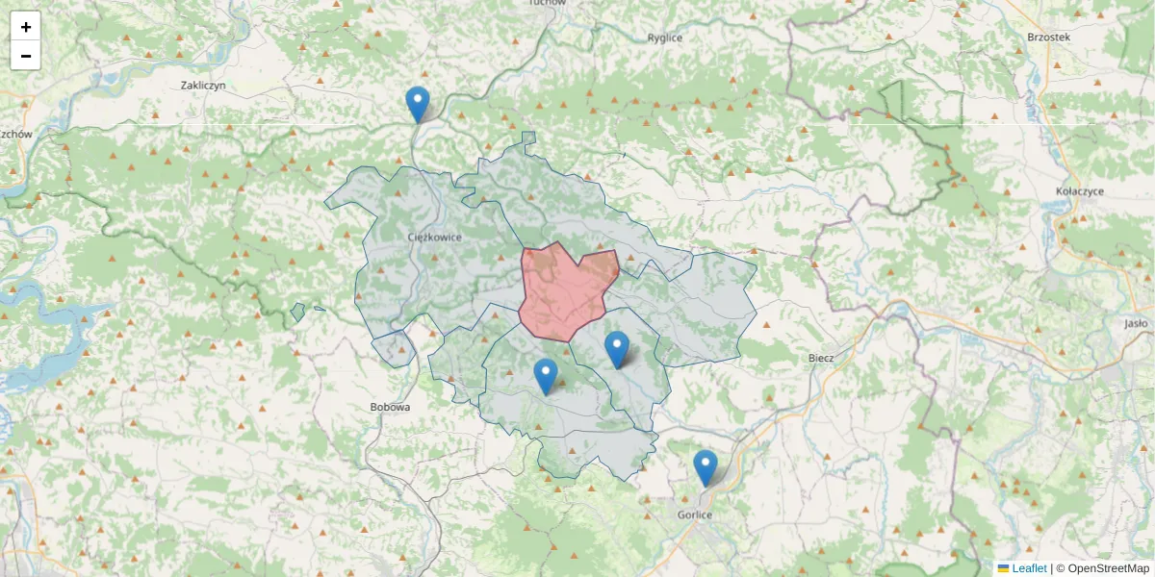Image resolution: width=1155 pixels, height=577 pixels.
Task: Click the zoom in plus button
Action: (x=26, y=27)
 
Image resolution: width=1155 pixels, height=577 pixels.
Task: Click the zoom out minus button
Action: (x=26, y=56)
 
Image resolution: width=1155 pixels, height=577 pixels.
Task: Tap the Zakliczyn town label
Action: (x=202, y=86)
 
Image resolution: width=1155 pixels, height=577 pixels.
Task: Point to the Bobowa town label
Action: (x=390, y=407)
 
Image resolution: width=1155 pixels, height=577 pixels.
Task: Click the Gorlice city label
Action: (x=693, y=515)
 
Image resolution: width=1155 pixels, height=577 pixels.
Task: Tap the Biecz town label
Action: (x=821, y=357)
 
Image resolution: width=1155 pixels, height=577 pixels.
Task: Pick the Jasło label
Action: (x=1136, y=324)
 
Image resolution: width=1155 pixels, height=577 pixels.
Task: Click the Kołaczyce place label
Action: (x=1079, y=191)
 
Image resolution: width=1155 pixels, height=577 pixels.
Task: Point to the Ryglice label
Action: (x=665, y=38)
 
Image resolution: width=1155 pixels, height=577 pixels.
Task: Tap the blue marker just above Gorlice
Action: (x=706, y=468)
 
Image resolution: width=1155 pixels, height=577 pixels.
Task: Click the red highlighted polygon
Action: (x=566, y=293)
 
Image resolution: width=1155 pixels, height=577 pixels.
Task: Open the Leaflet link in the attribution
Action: (x=1029, y=568)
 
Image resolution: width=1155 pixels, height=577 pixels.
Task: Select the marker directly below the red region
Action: (x=617, y=350)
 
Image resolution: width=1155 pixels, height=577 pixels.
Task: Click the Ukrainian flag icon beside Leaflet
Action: (x=1003, y=568)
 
